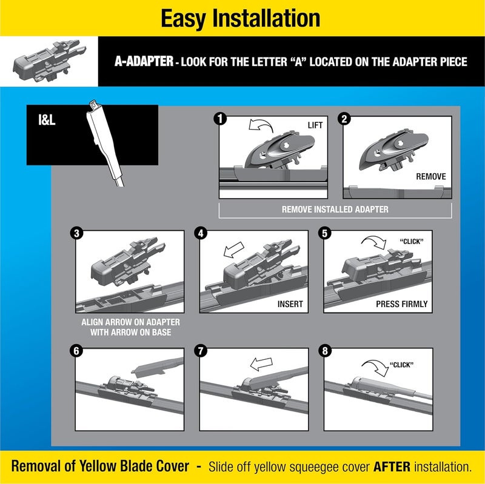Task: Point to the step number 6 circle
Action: pyautogui.click(x=76, y=351)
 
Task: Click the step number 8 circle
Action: pyautogui.click(x=327, y=351)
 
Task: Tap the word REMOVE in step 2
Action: pyautogui.click(x=430, y=177)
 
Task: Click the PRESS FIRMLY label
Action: pyautogui.click(x=401, y=304)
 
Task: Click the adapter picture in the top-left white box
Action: pyautogui.click(x=49, y=60)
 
